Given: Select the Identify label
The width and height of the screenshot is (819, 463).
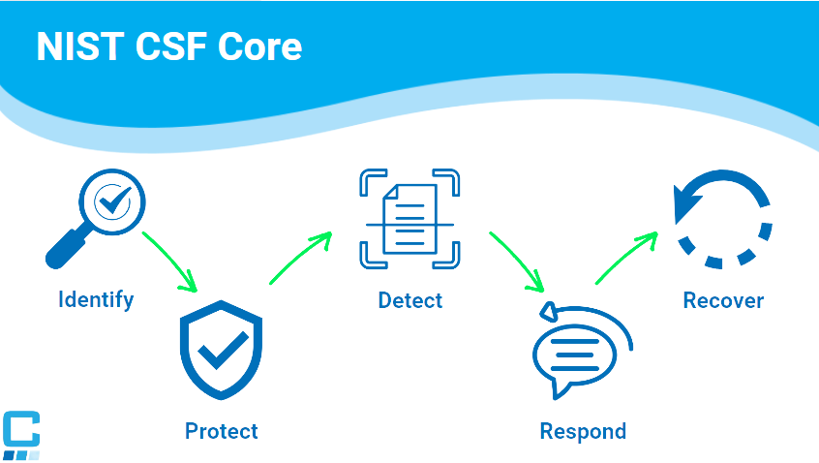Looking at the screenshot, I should pos(96,299).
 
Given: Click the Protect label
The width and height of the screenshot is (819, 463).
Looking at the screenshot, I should pos(222,430).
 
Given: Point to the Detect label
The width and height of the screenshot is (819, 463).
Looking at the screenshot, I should pos(409,299).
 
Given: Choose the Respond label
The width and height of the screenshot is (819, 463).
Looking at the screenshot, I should pos(583,430).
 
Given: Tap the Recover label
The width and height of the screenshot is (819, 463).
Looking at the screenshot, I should pos(723,300).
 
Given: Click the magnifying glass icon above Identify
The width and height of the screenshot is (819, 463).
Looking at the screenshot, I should pos(96,217).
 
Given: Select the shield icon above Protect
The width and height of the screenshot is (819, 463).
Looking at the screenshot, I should pos(222,350).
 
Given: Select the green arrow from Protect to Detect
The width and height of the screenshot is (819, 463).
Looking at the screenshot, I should pos(300,259).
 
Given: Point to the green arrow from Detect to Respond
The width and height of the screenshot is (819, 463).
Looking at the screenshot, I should pos(516,260).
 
